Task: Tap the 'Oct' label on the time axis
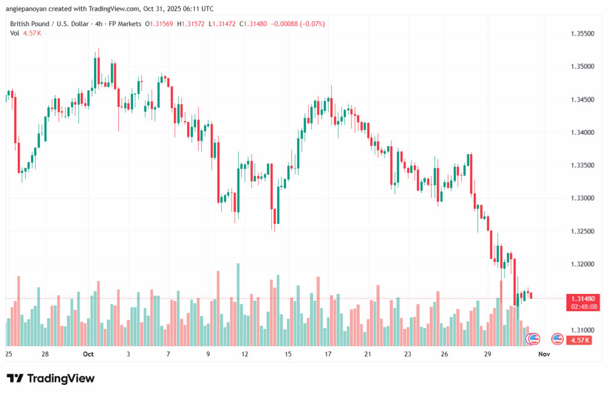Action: pyautogui.click(x=88, y=354)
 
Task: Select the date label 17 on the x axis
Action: pyautogui.click(x=328, y=354)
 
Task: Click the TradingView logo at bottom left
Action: pyautogui.click(x=50, y=378)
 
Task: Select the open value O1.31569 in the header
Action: pyautogui.click(x=162, y=24)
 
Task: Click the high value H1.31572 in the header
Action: pyautogui.click(x=197, y=24)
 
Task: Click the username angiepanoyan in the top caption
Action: pyautogui.click(x=30, y=8)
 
